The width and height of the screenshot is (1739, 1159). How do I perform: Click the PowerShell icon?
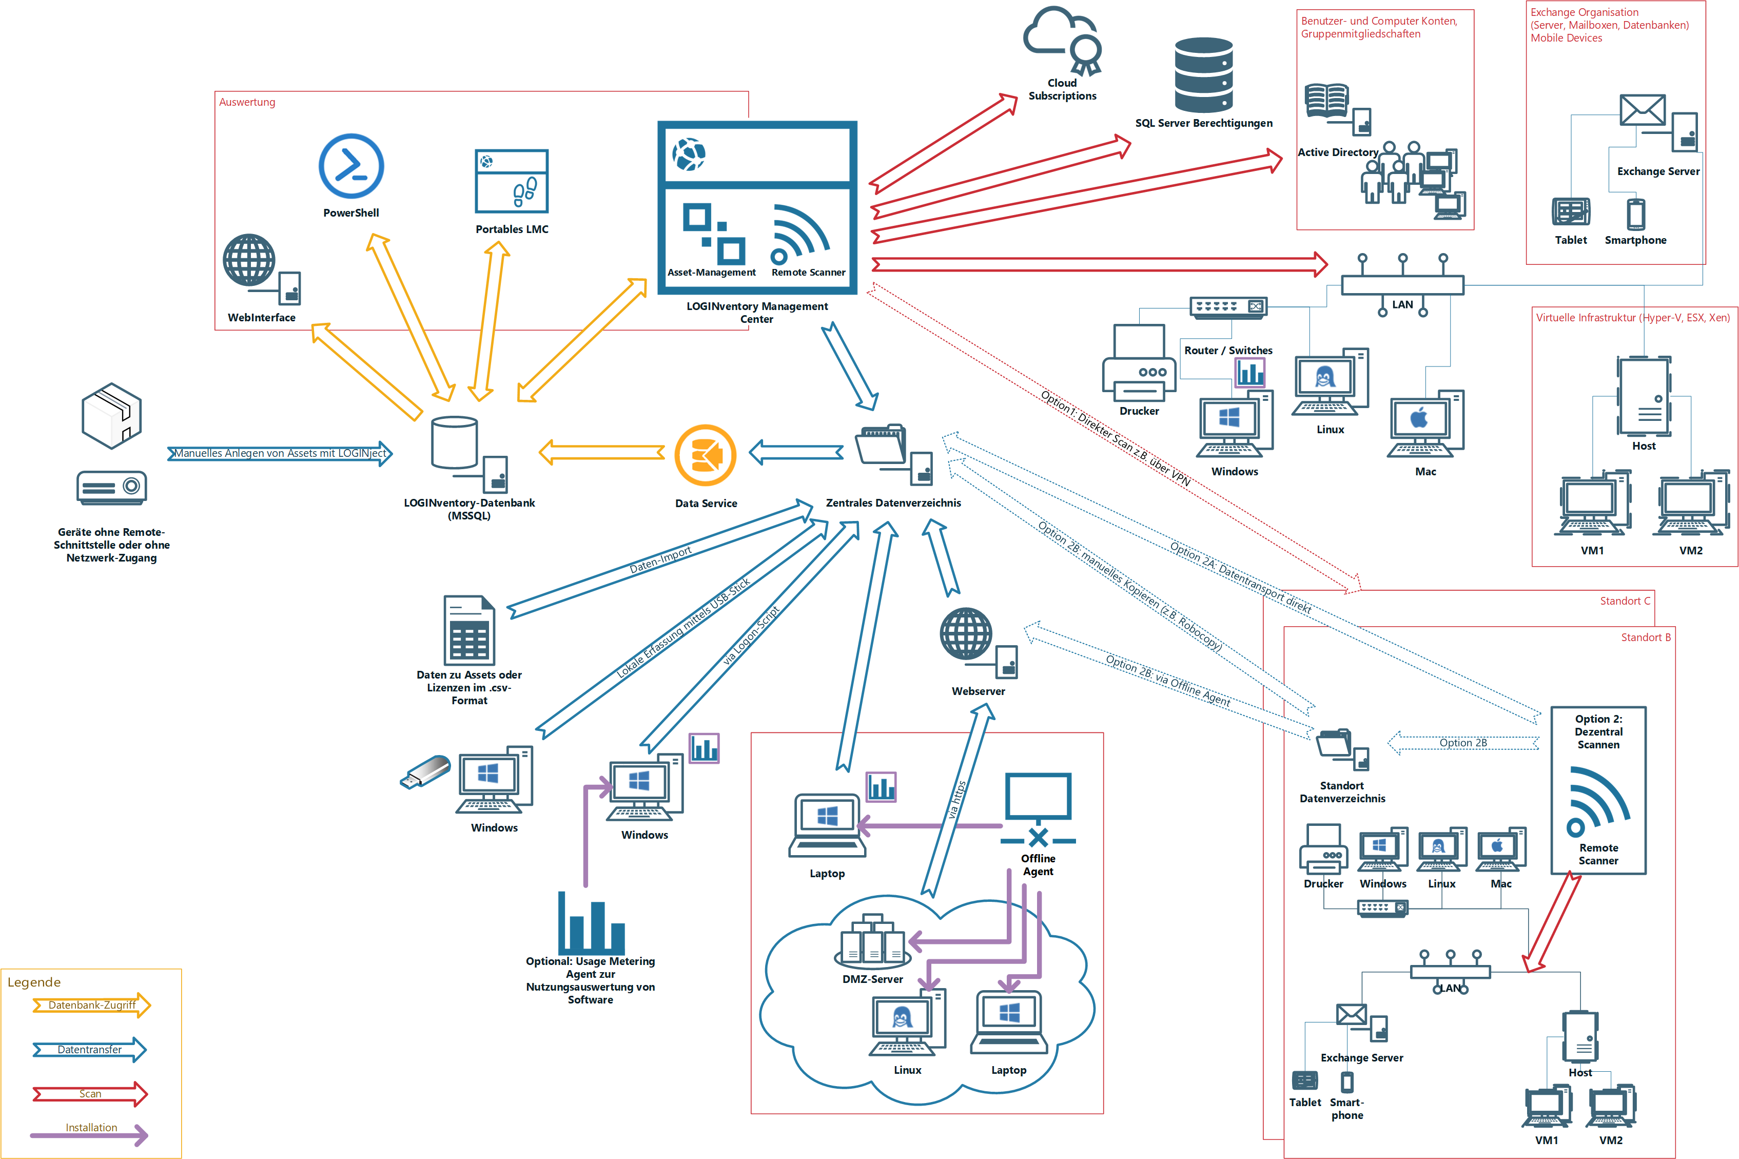tap(351, 166)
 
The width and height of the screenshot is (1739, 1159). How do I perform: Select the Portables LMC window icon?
tap(511, 181)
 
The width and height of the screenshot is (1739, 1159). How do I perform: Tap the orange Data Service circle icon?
tap(706, 455)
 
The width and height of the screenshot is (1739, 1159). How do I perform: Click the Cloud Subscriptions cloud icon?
tap(1062, 41)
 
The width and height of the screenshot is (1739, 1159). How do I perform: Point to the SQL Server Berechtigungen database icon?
tap(1203, 74)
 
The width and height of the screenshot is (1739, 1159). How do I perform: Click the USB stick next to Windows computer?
tap(425, 771)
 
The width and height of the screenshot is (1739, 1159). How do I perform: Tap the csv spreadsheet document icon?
tap(469, 630)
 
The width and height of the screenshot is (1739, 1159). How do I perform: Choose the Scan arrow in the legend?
tap(90, 1094)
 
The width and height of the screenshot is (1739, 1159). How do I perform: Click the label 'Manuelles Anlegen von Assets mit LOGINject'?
tap(280, 453)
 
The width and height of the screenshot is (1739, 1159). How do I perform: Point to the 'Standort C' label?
tap(1625, 601)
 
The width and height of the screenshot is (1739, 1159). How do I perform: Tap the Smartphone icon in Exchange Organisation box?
tap(1635, 214)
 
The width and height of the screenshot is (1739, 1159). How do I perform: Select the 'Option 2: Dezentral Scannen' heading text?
tap(1598, 732)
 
